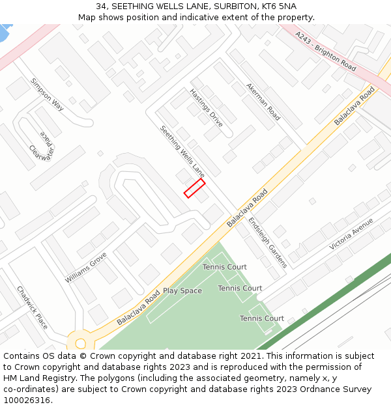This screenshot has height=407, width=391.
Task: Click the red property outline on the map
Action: point(194,188)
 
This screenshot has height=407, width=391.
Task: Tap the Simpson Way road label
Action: point(47,95)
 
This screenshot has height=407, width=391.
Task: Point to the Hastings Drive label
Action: point(206,107)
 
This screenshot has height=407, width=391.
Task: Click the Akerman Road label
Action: point(263,102)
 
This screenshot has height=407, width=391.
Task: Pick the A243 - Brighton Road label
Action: point(325,51)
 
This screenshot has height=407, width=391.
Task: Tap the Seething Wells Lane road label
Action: point(182,152)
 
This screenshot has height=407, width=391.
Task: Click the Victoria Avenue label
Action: point(351,234)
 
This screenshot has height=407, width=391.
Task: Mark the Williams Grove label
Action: point(85,268)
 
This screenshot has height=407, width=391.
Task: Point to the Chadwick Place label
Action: point(32,307)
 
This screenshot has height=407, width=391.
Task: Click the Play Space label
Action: point(182,290)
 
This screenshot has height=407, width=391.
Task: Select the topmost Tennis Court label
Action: point(224,267)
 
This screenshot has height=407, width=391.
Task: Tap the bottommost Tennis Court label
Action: point(261,318)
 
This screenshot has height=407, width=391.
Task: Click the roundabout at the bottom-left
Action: point(80,343)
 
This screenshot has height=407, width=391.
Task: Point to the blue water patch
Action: point(4,31)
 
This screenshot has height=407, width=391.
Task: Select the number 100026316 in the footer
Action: point(25,400)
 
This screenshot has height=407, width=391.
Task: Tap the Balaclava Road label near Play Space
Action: point(138,308)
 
